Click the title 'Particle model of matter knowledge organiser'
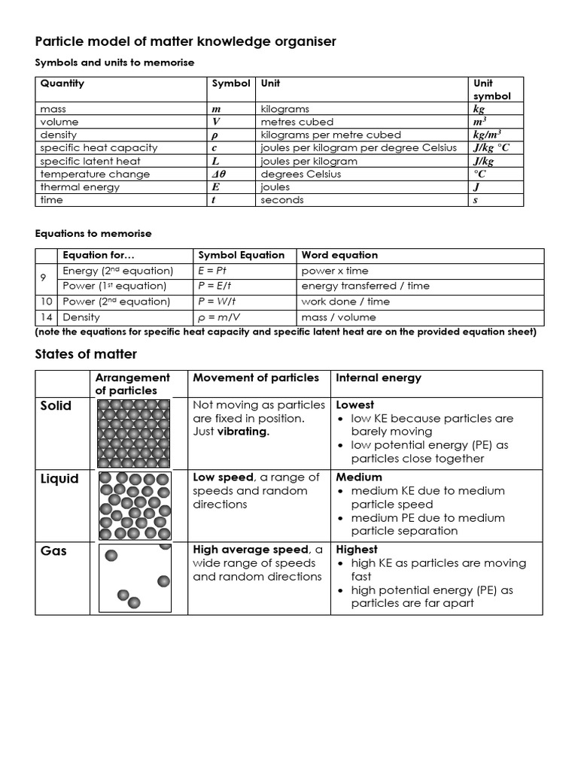click(186, 41)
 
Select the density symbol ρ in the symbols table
click(214, 135)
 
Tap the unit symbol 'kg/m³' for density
click(487, 135)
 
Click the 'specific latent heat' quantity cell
click(90, 161)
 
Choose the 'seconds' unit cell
click(282, 200)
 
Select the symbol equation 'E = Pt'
click(213, 271)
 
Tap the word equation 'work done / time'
click(345, 302)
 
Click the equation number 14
click(47, 317)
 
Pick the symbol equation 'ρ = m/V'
click(218, 317)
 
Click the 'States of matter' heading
click(86, 354)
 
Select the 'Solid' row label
click(56, 406)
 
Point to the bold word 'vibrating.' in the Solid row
click(243, 432)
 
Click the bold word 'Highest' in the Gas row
click(357, 550)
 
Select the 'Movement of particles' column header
click(256, 377)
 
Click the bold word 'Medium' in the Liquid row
click(359, 477)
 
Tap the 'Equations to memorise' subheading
click(93, 233)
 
